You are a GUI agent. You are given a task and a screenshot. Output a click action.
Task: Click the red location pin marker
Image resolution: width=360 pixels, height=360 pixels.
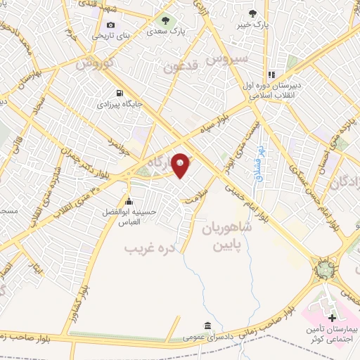181,165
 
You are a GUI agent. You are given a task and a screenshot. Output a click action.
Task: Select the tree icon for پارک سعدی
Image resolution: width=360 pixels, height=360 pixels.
165,21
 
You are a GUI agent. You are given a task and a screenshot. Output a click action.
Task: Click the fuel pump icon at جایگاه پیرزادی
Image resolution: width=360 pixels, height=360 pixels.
118,93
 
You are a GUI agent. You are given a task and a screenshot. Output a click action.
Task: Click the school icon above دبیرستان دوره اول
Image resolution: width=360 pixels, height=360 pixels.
269,75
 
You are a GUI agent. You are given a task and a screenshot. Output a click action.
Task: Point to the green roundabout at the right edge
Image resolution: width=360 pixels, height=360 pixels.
324,269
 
